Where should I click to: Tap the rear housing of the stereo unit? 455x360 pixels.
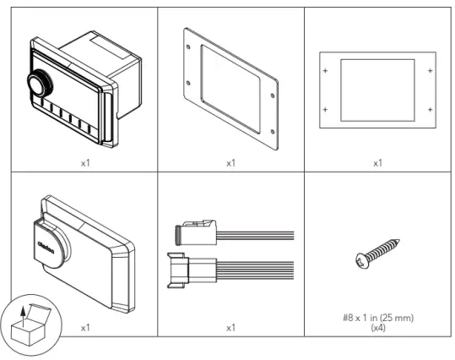(117, 63)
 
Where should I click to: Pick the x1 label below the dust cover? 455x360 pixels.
(84, 325)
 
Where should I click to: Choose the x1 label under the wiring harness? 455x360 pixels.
(230, 325)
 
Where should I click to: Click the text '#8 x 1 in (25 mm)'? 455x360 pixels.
(377, 318)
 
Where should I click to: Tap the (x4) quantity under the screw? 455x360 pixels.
(377, 327)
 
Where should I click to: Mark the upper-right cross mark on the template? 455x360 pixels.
(430, 71)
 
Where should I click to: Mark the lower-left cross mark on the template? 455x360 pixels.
(326, 110)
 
